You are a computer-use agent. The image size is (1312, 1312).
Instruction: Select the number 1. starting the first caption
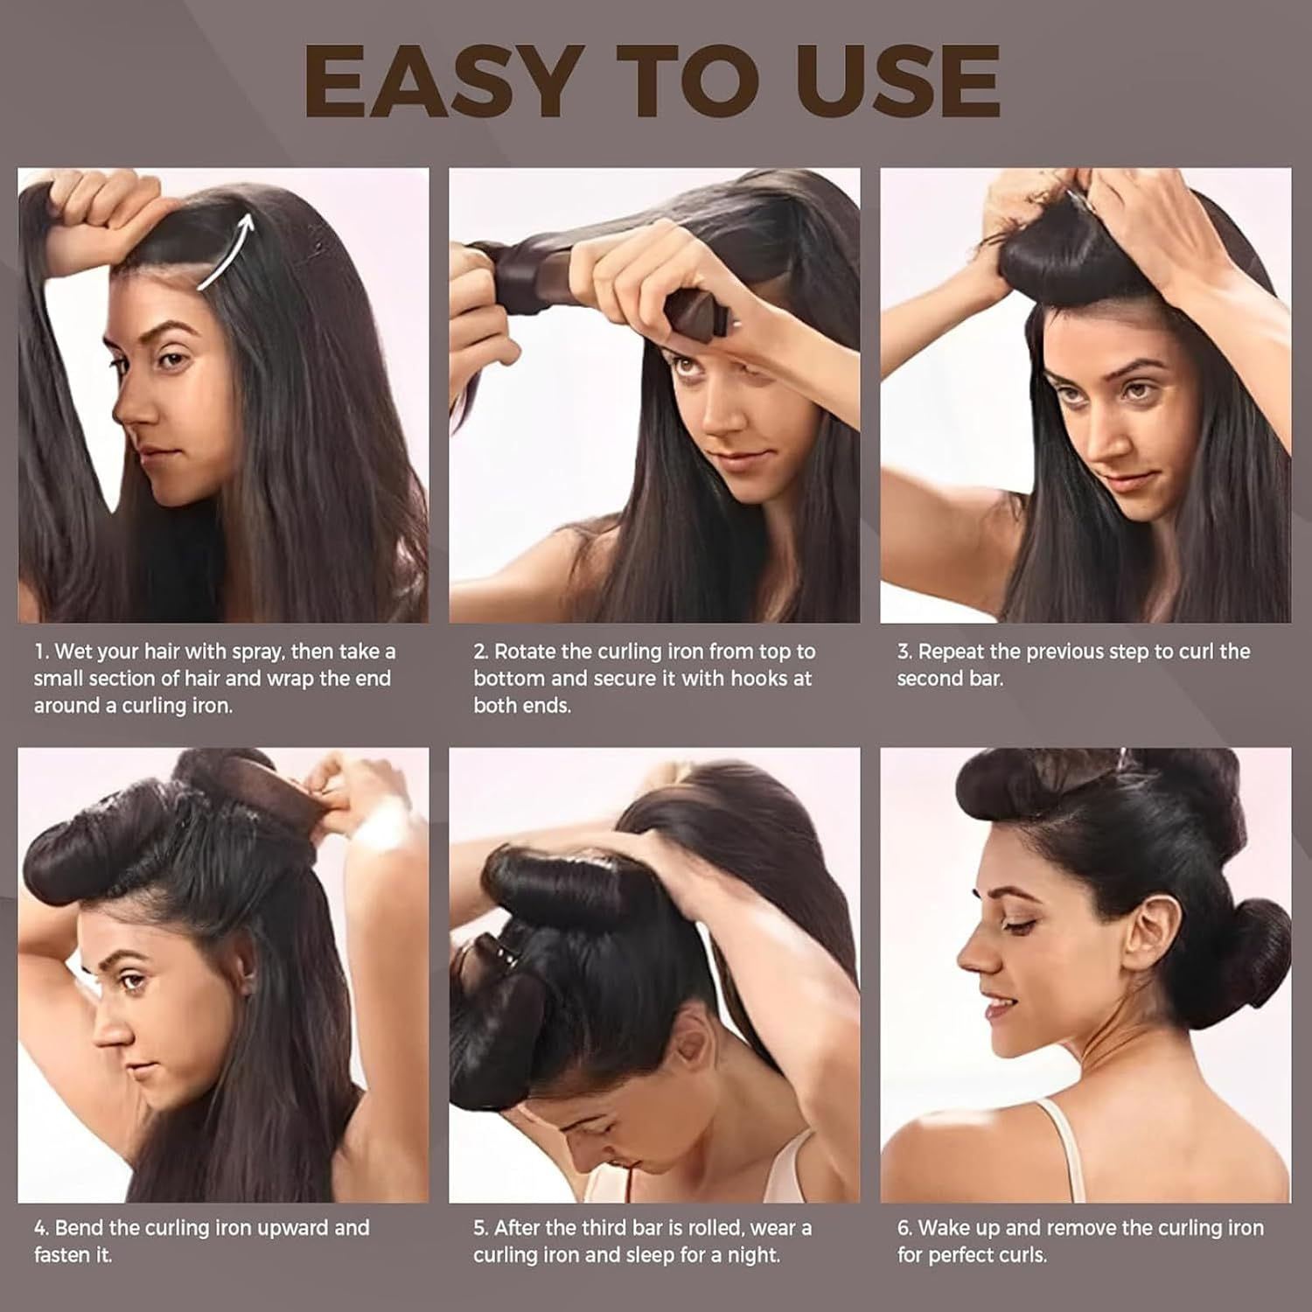42,652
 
